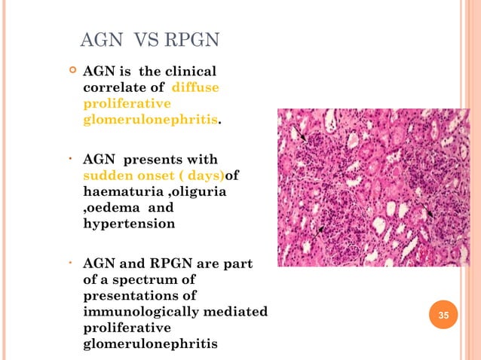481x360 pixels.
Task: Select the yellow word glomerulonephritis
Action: point(150,119)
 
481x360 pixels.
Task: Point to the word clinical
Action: point(188,72)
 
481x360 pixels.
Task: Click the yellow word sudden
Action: point(106,175)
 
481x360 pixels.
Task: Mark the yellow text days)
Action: point(206,175)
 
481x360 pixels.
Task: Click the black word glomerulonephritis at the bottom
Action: point(150,343)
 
